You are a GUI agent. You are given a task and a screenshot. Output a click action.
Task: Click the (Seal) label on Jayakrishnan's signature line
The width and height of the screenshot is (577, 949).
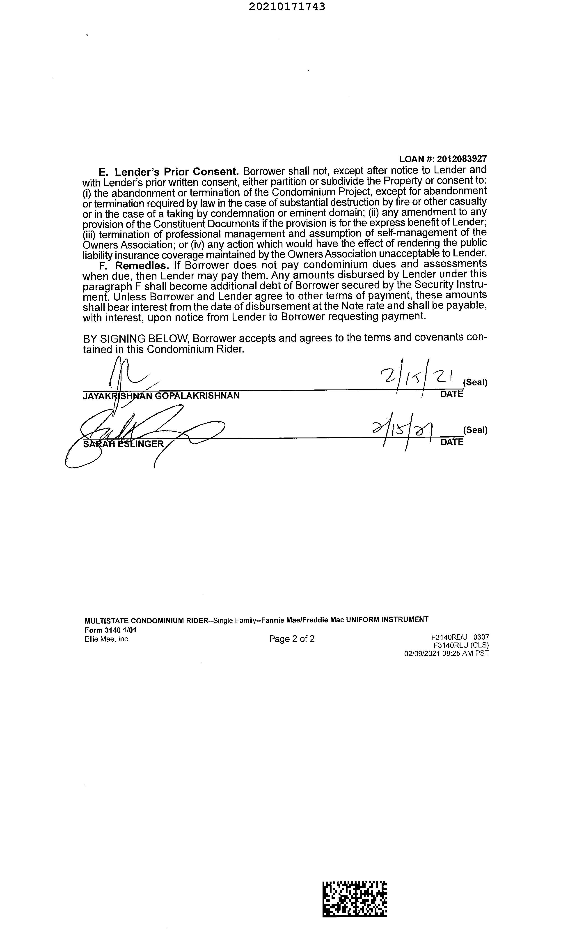(x=475, y=382)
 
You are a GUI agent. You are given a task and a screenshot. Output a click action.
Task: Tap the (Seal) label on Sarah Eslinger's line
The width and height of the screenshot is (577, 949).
(x=475, y=430)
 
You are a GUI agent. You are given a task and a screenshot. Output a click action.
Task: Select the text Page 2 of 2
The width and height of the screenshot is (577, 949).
(x=292, y=639)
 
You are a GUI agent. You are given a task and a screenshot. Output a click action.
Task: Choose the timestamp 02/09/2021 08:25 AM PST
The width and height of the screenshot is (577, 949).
(x=446, y=653)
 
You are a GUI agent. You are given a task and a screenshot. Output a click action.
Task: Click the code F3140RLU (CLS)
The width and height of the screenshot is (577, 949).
(x=461, y=645)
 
